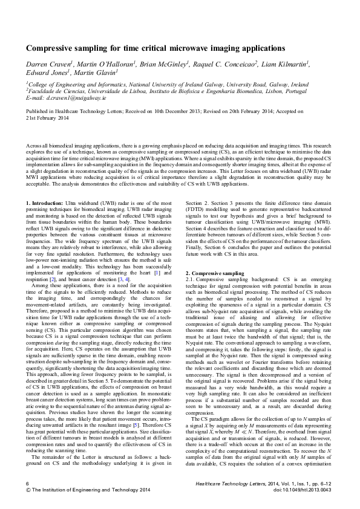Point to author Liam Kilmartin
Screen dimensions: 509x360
pyautogui.click(x=286, y=63)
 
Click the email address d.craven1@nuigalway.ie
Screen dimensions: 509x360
pyautogui.click(x=74, y=96)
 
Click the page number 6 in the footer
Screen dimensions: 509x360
pyautogui.click(x=27, y=484)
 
